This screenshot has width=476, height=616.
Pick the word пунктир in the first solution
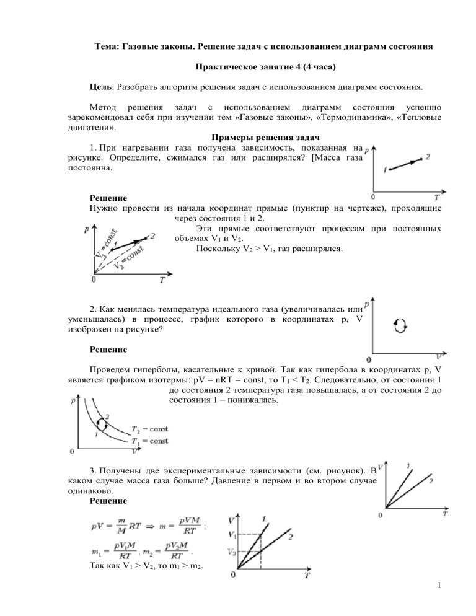click(x=333, y=209)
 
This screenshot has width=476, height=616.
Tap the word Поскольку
click(x=218, y=249)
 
